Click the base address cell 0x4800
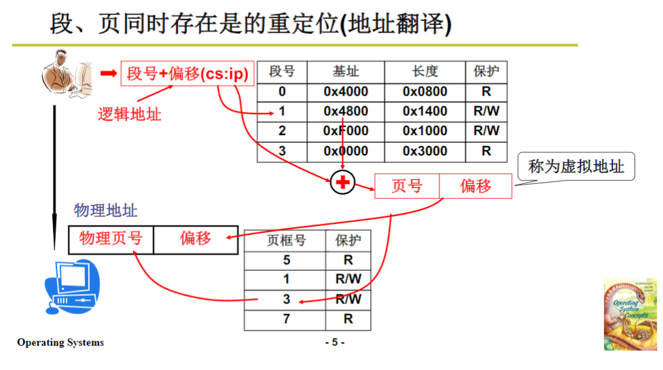point(346,111)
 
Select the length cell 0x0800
point(425,92)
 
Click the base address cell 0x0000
point(346,151)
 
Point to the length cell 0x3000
point(425,151)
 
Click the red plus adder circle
point(342,182)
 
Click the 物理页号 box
point(111,238)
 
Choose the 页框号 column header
point(286,240)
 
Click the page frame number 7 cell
point(286,318)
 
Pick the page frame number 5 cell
point(286,260)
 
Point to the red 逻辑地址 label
point(130,113)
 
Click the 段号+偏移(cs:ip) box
point(188,73)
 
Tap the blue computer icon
point(71,284)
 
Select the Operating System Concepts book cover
point(630,314)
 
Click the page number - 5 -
point(334,342)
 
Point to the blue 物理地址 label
point(105,210)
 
